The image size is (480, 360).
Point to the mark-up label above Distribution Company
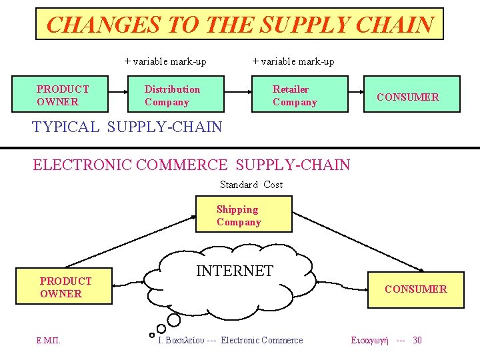tap(165, 62)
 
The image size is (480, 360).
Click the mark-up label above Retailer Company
tap(293, 62)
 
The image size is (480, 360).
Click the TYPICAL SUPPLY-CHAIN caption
tap(127, 127)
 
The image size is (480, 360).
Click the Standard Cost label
tap(251, 185)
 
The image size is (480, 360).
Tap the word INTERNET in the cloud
tap(234, 271)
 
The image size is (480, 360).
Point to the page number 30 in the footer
tap(417, 341)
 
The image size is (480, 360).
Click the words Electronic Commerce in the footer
tap(261, 341)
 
